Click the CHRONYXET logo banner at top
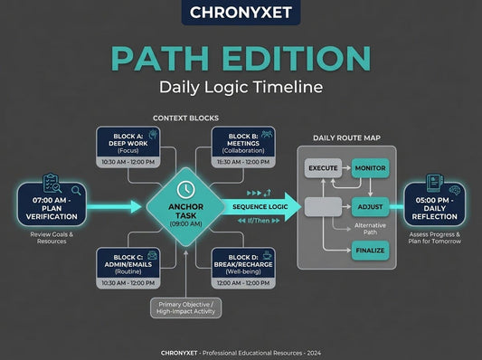point(241,13)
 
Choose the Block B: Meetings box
point(239,147)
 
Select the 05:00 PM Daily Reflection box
point(429,204)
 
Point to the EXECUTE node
point(323,168)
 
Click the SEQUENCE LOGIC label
point(260,206)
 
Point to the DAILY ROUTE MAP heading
point(347,138)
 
